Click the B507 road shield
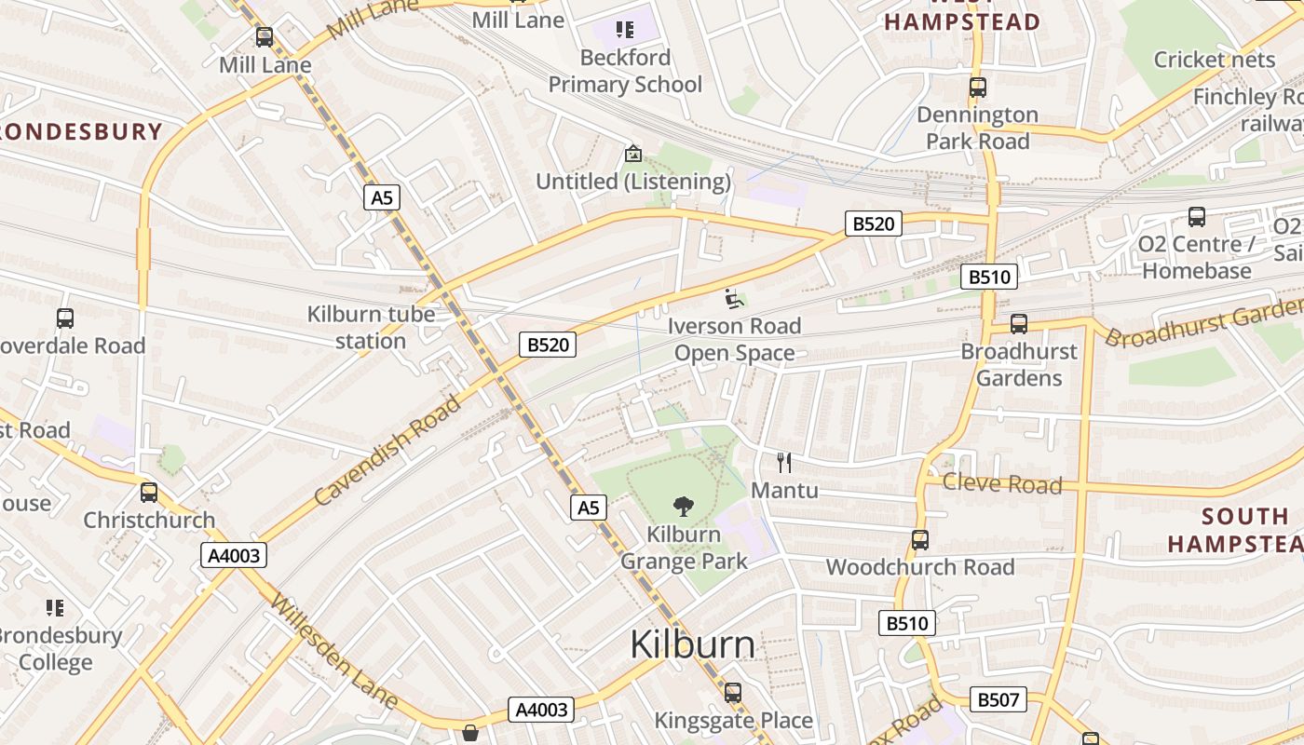[998, 699]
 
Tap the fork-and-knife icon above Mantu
[784, 462]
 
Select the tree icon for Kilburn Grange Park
[684, 507]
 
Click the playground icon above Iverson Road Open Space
[734, 299]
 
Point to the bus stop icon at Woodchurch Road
[920, 540]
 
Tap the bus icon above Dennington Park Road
[977, 88]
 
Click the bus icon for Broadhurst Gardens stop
[1019, 324]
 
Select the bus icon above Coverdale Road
[65, 318]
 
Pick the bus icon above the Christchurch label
[149, 493]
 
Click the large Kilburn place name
[692, 644]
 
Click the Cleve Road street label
[1001, 483]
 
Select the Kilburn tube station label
[371, 328]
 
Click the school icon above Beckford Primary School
[624, 30]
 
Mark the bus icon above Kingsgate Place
[733, 693]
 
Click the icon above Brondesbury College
[55, 608]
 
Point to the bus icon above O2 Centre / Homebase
[1197, 217]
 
